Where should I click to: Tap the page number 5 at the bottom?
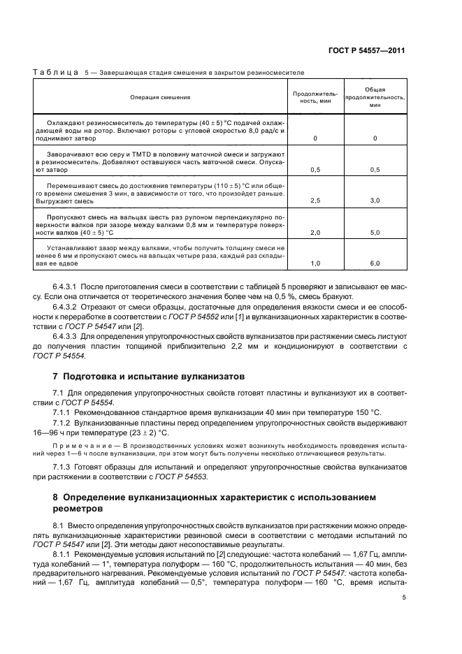(404, 597)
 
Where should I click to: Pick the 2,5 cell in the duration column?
(315, 201)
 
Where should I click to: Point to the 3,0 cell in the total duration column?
(375, 201)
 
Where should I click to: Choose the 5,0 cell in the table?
(375, 232)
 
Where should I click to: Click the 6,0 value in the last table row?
(375, 263)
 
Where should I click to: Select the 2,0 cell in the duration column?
(315, 232)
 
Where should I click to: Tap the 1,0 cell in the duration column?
(315, 263)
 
